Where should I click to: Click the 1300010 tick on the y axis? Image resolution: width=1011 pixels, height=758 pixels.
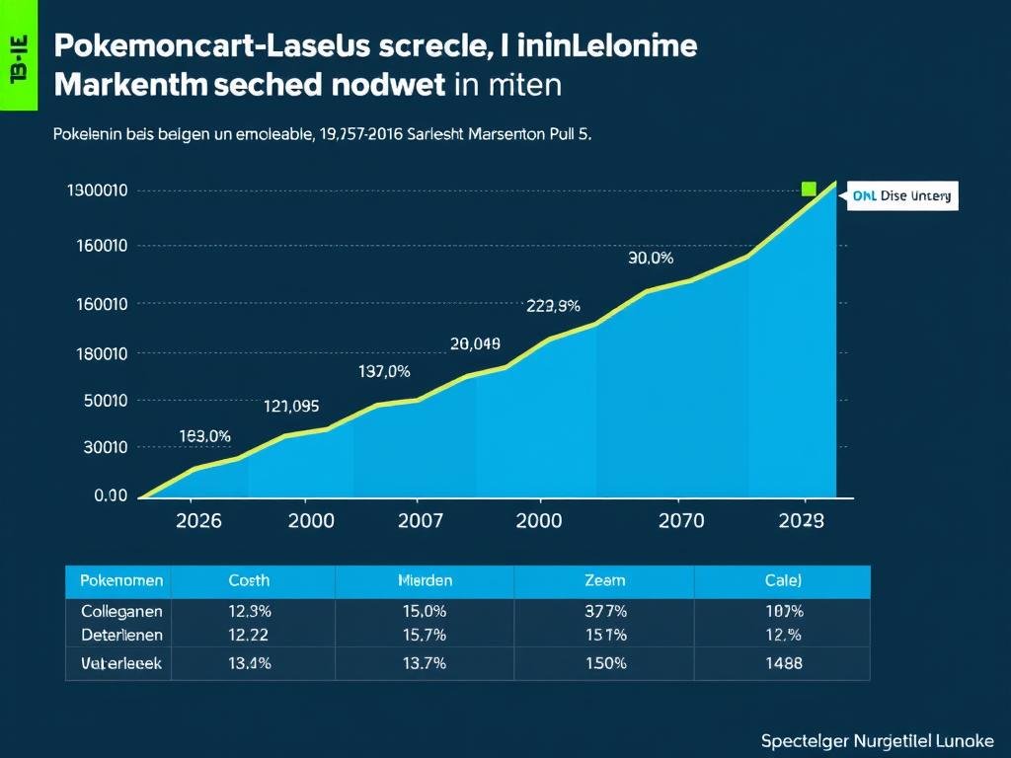point(98,190)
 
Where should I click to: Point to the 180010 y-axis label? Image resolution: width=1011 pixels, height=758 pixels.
point(102,353)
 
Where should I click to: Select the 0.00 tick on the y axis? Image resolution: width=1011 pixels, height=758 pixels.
point(111,495)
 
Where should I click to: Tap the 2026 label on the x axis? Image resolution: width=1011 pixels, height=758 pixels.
point(198,521)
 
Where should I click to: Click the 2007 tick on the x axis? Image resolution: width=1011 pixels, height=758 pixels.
point(420,521)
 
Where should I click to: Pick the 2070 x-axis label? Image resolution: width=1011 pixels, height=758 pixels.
point(681,521)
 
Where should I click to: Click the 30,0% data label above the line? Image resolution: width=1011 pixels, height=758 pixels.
point(651,259)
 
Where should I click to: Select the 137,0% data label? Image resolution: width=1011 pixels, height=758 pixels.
point(384,372)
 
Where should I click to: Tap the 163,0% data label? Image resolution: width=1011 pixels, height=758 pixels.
point(205,436)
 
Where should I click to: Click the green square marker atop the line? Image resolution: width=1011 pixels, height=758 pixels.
point(810,189)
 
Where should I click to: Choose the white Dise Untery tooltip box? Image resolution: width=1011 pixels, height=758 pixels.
point(902,195)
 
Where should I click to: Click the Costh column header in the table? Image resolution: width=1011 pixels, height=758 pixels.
point(249,581)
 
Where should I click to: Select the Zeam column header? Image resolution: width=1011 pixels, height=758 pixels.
point(605,581)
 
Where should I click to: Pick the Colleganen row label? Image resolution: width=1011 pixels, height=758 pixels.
point(121,612)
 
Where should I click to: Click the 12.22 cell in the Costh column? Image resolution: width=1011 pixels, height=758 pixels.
point(249,636)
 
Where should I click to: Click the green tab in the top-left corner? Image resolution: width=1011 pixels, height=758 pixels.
point(18,54)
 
